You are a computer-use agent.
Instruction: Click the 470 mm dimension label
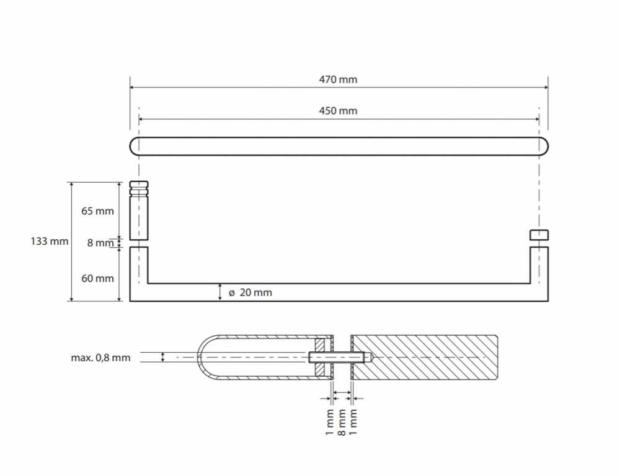coord(338,79)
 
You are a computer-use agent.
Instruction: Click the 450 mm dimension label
coord(338,111)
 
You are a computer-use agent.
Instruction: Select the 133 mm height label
coord(50,241)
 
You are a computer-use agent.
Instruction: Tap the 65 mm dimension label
coord(98,211)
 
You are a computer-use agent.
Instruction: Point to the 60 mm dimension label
coord(98,278)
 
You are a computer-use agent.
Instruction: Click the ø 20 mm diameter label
coord(250,293)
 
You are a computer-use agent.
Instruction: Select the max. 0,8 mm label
coord(100,358)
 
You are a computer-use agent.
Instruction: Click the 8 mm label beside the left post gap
coord(100,243)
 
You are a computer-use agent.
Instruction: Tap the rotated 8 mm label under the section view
coord(342,422)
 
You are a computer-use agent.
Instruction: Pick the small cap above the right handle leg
coord(539,235)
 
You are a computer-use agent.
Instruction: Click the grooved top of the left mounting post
coord(139,188)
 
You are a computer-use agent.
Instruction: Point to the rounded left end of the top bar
coord(135,146)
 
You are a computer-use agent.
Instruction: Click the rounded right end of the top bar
coord(544,146)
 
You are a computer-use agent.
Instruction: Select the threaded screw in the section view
coord(340,358)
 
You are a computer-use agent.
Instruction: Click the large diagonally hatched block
coord(424,358)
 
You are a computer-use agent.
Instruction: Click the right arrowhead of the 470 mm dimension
coord(545,87)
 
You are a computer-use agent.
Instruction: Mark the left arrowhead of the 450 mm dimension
coord(142,118)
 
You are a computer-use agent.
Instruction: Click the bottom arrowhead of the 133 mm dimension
coord(71,298)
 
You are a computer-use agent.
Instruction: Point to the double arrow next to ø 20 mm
coord(220,292)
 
